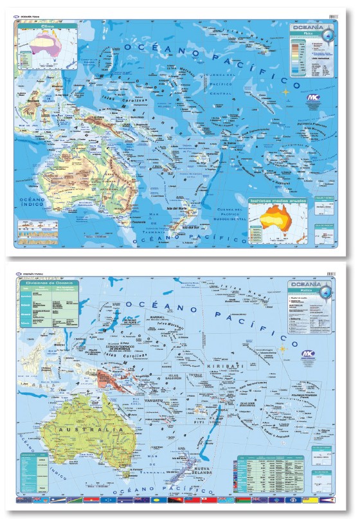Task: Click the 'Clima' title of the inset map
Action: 47,28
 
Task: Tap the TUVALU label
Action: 191,378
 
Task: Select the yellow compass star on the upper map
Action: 287,92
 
